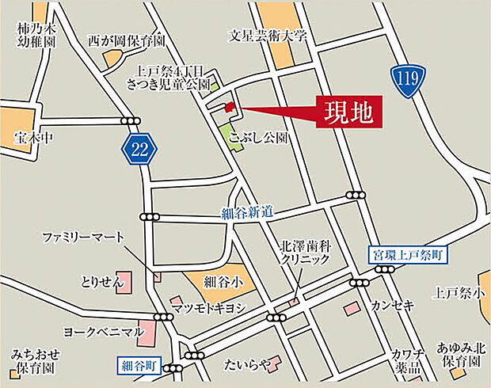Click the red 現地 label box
tap(349, 112)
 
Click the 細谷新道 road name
tap(247, 211)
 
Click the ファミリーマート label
tap(84, 237)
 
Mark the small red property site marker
tap(230, 107)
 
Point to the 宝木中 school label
tap(32, 138)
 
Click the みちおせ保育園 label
tap(32, 362)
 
